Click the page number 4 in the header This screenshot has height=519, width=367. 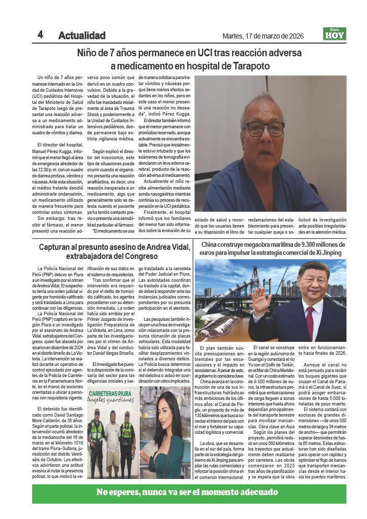tap(40, 34)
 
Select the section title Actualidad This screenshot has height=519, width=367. tap(82, 35)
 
